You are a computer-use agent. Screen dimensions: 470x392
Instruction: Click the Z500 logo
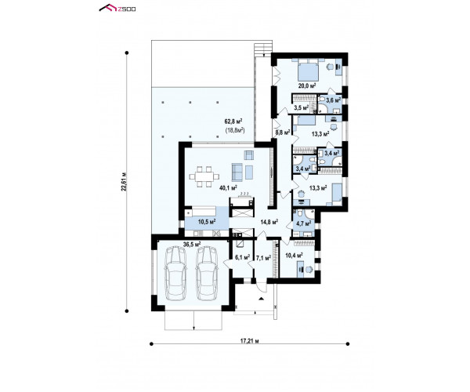tap(117, 8)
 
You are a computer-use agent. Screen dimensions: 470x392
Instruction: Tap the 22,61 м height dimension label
tap(124, 182)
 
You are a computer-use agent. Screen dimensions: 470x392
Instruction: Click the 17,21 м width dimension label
tap(249, 341)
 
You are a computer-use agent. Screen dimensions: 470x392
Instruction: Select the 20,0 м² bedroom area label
tap(307, 85)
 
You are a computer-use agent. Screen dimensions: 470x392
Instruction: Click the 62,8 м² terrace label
tap(233, 122)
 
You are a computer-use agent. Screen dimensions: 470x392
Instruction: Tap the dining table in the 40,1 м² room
tap(204, 176)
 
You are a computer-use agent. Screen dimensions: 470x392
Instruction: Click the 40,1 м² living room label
tap(229, 188)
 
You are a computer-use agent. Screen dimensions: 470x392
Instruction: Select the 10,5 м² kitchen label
tap(207, 222)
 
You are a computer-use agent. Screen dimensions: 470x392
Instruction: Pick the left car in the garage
tap(175, 273)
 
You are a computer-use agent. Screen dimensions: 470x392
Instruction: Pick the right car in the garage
tap(207, 273)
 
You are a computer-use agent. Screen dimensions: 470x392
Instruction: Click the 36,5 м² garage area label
tap(192, 245)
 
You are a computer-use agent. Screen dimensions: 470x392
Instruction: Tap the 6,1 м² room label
tap(243, 257)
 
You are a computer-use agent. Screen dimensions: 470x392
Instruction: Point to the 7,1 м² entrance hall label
tap(264, 257)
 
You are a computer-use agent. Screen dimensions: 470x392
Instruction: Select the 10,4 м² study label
tap(294, 256)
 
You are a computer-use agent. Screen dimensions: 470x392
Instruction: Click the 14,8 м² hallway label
tap(269, 222)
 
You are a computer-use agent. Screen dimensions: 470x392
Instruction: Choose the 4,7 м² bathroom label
tap(303, 223)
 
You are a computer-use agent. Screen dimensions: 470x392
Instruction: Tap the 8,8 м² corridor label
tap(282, 132)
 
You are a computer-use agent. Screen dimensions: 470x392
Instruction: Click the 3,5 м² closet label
tap(302, 107)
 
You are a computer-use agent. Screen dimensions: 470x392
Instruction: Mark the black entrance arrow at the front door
tap(262, 299)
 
